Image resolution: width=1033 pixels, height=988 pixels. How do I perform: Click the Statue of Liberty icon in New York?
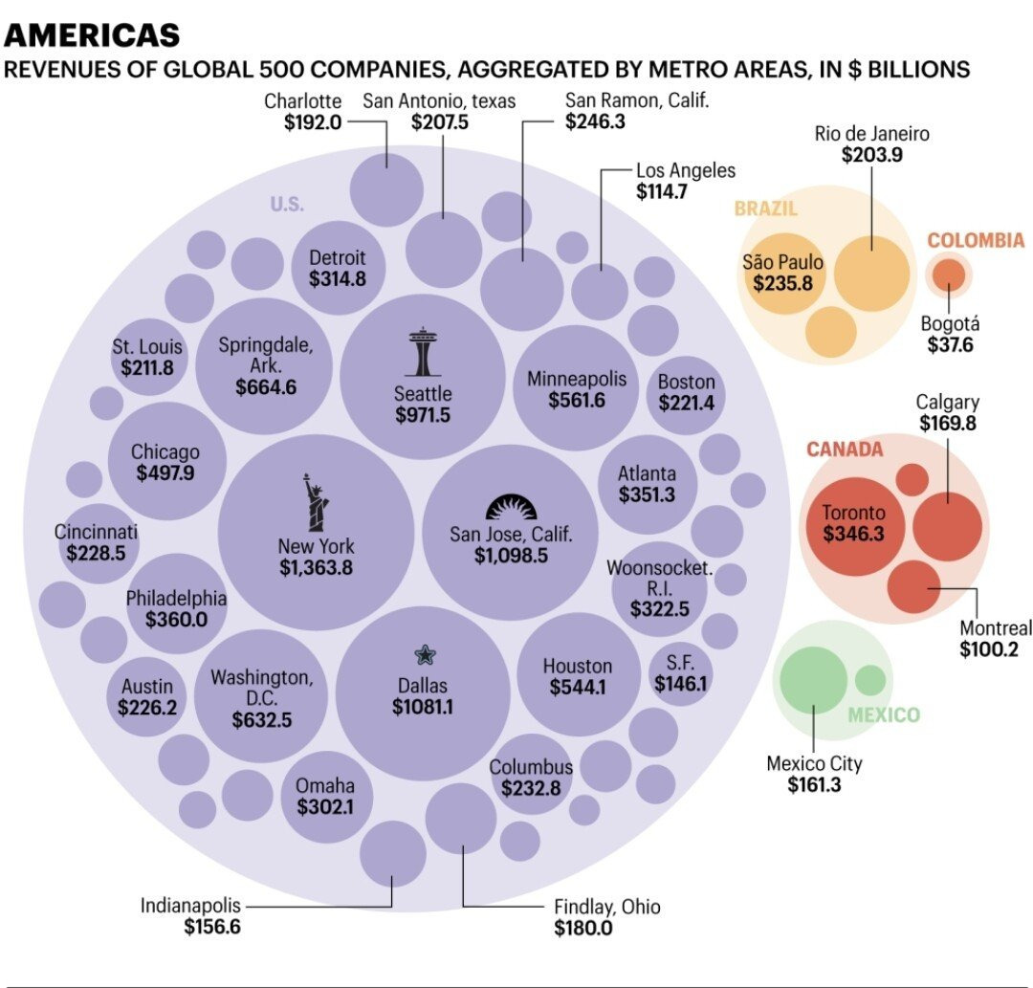click(x=316, y=502)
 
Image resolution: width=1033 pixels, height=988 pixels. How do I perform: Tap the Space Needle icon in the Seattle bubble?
click(x=422, y=352)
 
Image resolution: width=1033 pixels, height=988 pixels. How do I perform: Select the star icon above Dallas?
click(x=424, y=654)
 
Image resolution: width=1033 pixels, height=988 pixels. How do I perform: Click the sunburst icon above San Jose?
click(x=512, y=507)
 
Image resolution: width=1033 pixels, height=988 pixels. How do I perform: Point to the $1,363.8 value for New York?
click(x=316, y=568)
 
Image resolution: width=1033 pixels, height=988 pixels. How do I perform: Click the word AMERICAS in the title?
click(x=92, y=35)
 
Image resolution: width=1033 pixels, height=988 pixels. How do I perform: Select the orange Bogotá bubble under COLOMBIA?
click(x=949, y=274)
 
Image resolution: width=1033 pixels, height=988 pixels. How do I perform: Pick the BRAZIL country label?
click(x=765, y=209)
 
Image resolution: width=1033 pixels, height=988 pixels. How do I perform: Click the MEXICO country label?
click(x=883, y=715)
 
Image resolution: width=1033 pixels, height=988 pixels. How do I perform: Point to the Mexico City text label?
click(x=814, y=763)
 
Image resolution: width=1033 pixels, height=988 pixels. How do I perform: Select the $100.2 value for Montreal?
click(x=988, y=649)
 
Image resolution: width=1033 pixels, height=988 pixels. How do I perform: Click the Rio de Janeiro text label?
click(x=871, y=133)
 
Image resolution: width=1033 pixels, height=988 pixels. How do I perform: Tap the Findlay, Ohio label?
click(x=606, y=907)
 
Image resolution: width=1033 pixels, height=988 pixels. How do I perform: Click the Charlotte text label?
click(x=302, y=100)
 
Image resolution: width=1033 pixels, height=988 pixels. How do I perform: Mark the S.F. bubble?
click(x=680, y=673)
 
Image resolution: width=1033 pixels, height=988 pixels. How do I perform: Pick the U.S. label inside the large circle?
click(x=286, y=204)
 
